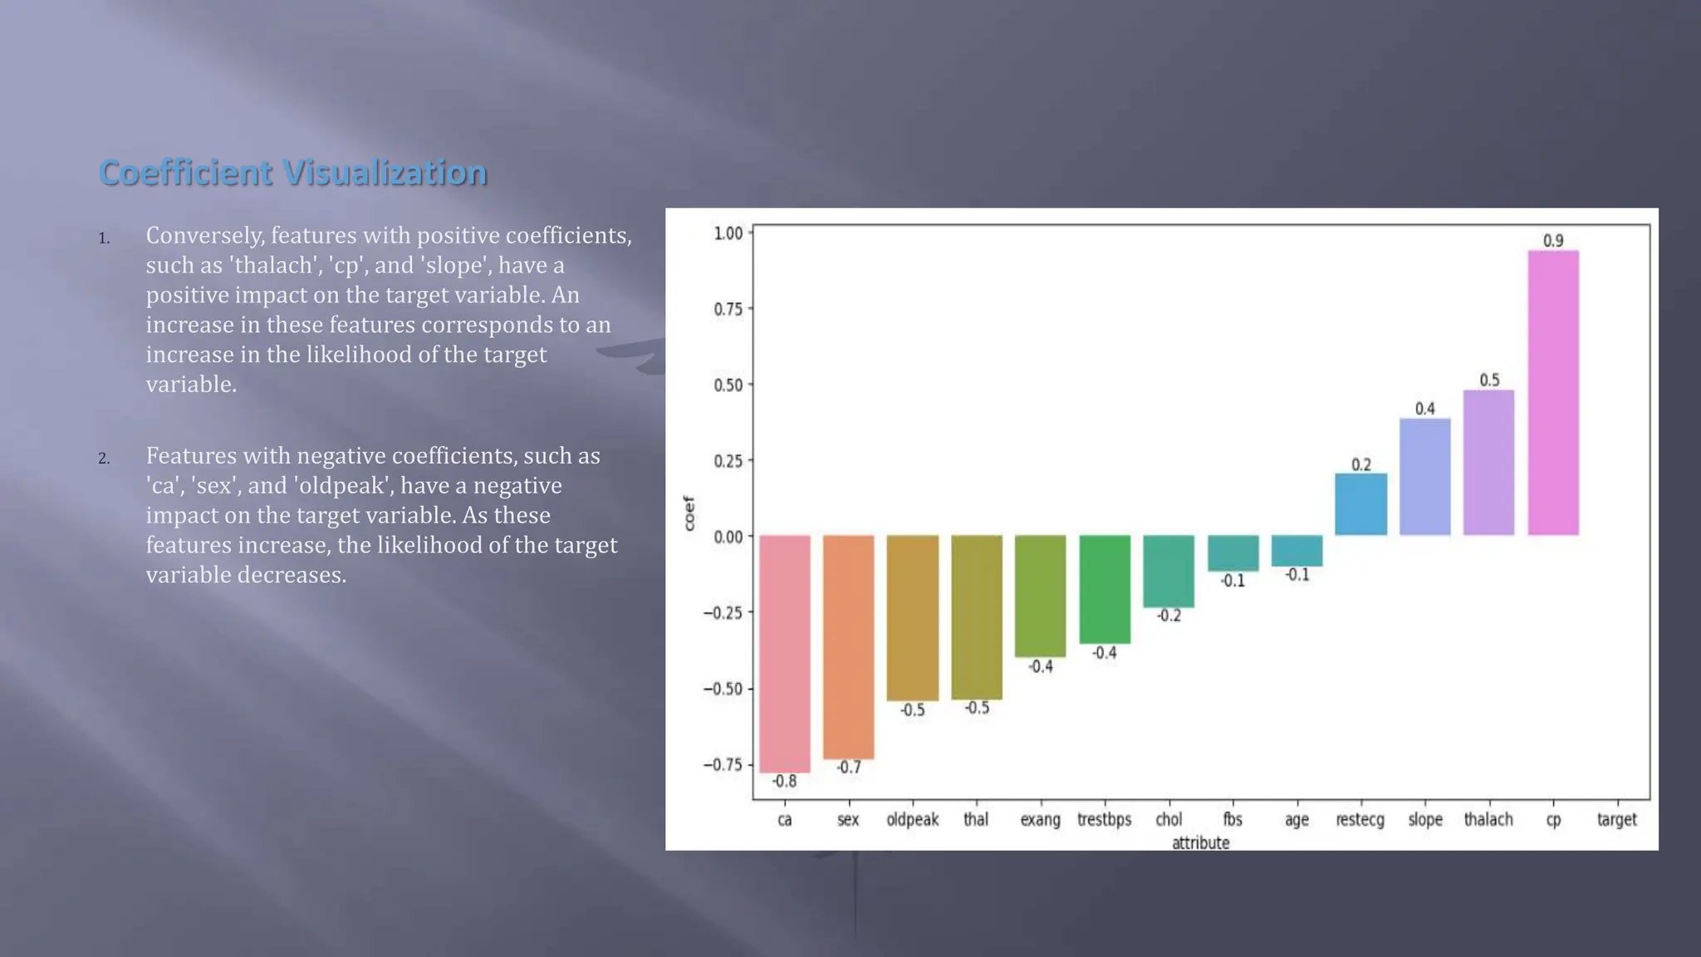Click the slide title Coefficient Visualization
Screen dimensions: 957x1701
pos(292,173)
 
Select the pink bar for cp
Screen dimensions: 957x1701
pos(1552,393)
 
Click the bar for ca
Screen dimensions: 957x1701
pos(784,654)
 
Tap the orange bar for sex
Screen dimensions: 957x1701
pos(848,646)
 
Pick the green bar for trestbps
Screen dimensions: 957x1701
pos(1104,589)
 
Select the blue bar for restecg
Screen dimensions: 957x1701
pos(1360,504)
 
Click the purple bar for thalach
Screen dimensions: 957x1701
pos(1488,462)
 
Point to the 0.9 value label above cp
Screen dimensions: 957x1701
pos(1552,241)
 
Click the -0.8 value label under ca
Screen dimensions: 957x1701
pos(784,781)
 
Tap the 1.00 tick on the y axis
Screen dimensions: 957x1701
pos(728,233)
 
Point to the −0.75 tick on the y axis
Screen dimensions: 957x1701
pos(723,764)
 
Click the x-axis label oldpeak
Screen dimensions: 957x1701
pos(912,819)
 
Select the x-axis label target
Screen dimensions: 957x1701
pos(1616,819)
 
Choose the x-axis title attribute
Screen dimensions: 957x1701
pos(1200,842)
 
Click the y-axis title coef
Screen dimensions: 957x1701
pos(689,513)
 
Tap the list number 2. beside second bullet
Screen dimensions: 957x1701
pos(104,459)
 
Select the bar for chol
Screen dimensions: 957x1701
pos(1168,572)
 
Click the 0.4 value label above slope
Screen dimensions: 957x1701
pos(1424,409)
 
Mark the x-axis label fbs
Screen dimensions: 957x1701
pos(1232,819)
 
